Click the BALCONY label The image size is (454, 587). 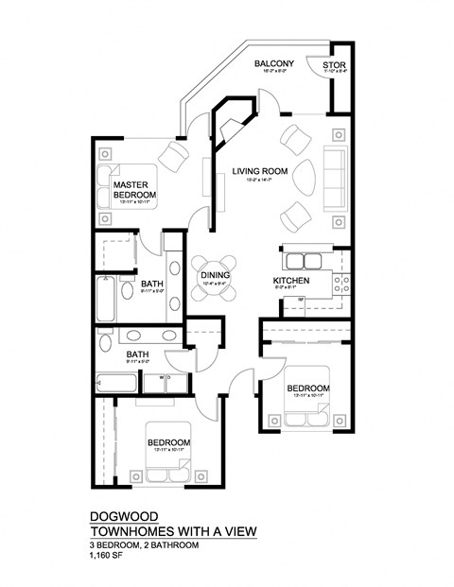pos(274,63)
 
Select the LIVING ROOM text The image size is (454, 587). pos(259,170)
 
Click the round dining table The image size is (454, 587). pos(214,278)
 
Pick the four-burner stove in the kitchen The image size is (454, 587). pos(343,281)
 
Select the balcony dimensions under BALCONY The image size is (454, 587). pos(274,72)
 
